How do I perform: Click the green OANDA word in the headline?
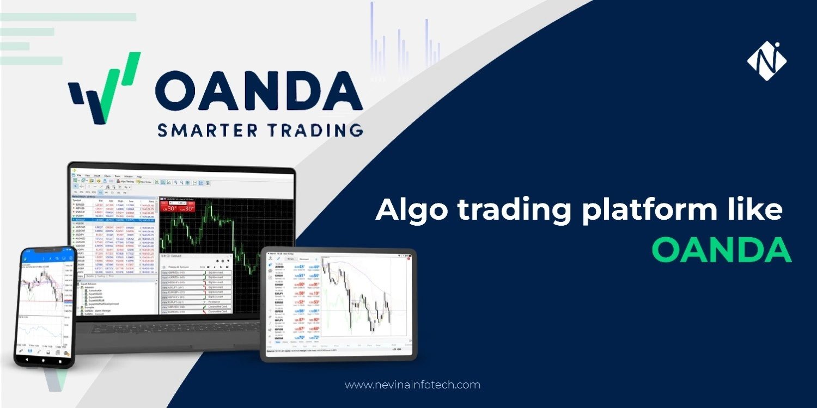[x=721, y=250]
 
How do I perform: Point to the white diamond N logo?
[x=766, y=61]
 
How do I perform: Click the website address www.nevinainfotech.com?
[x=412, y=385]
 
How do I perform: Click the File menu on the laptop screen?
[x=79, y=176]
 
